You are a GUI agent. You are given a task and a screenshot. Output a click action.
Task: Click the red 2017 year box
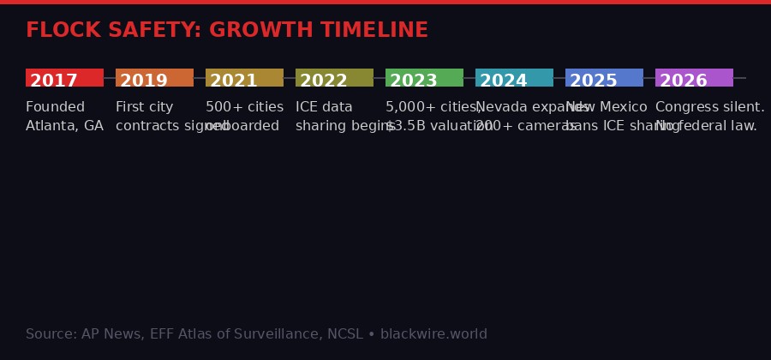pos(64,78)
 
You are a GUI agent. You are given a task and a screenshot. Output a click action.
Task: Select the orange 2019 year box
pos(154,78)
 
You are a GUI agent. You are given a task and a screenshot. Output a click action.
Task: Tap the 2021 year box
pos(244,78)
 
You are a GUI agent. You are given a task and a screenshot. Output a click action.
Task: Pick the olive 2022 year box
pos(334,78)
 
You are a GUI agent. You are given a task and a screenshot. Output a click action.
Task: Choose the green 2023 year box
pos(424,78)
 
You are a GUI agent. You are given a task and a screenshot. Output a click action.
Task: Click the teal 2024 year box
pos(514,78)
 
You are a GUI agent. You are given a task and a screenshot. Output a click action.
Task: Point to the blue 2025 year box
pos(604,78)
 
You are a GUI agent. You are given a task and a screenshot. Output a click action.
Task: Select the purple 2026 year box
pos(694,78)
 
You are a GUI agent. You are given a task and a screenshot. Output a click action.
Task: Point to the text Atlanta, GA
pos(64,126)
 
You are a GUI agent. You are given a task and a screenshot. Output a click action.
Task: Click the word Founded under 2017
pos(55,107)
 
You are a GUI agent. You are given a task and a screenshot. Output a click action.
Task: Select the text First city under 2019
pos(144,107)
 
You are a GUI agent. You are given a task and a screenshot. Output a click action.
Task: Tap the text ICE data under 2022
pos(324,107)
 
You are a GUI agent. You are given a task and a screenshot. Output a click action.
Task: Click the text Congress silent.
pos(709,107)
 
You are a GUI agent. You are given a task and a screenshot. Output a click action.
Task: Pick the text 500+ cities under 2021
pos(244,107)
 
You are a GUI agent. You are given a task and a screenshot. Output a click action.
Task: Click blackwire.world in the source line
pos(433,334)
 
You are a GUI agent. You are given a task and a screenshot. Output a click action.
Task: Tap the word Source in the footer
pos(50,334)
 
